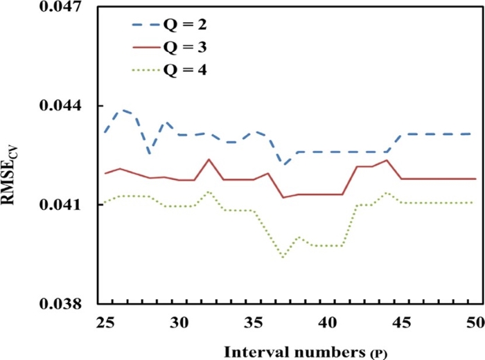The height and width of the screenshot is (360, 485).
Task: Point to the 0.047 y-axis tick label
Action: [62, 8]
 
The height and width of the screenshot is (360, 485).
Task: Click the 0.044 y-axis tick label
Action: [62, 106]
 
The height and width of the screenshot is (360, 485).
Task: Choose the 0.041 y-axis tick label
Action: [62, 206]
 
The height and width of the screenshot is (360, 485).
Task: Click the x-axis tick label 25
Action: [106, 322]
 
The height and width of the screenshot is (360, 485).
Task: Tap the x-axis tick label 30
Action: [179, 322]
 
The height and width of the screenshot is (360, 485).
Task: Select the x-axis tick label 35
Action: [253, 322]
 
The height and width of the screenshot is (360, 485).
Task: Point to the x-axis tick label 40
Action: [326, 322]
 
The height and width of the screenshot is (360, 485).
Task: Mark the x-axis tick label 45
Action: [400, 322]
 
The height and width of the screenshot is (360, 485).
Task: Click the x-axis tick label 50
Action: [474, 322]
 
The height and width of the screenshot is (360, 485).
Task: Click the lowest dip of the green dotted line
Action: [283, 257]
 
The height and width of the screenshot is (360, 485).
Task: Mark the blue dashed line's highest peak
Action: [121, 109]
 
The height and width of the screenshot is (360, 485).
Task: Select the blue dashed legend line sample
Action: [148, 26]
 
